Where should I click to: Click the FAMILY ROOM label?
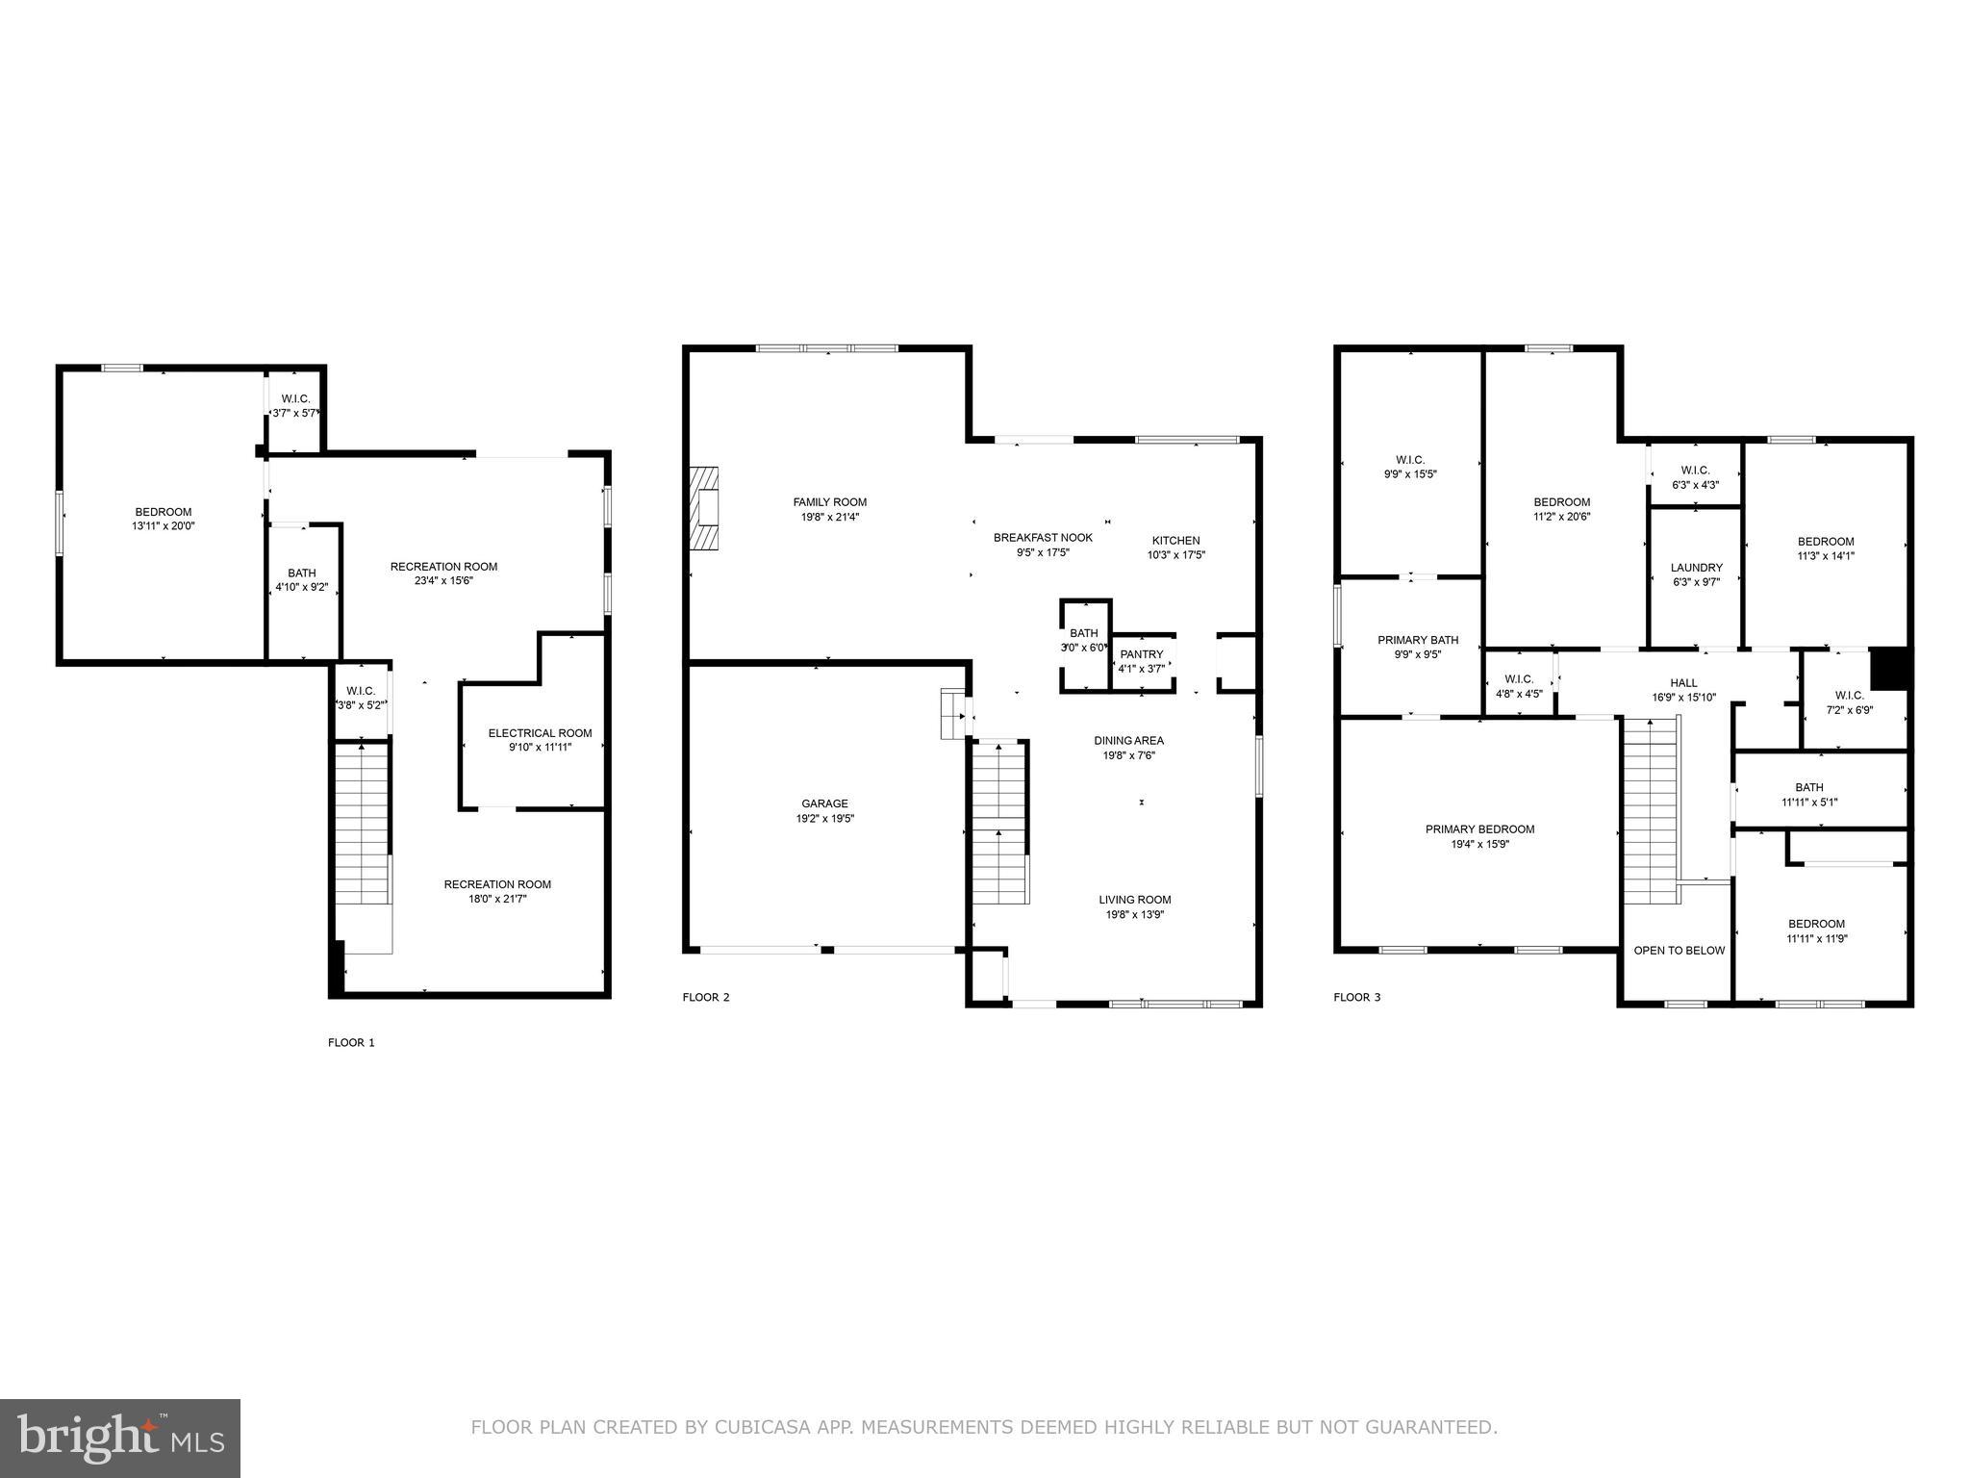[x=829, y=502]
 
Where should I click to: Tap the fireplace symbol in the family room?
[x=704, y=508]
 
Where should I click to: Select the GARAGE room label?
[x=824, y=803]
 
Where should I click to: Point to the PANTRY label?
[x=1141, y=654]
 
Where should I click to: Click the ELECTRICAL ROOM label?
[x=540, y=733]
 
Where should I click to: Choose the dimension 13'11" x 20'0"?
[x=163, y=526]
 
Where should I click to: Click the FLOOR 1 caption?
[x=351, y=1042]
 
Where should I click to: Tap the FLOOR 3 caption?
[x=1356, y=997]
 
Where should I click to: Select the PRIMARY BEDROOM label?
[x=1479, y=829]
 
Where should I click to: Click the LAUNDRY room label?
[x=1696, y=568]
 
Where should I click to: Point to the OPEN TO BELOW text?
[x=1679, y=951]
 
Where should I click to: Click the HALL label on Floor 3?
[x=1683, y=683]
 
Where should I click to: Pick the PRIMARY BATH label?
[x=1418, y=640]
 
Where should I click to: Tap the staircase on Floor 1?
[x=362, y=828]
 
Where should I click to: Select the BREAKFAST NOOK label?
[x=1043, y=538]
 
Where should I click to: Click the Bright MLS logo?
[x=120, y=1438]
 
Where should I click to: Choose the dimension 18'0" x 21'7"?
[x=497, y=899]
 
